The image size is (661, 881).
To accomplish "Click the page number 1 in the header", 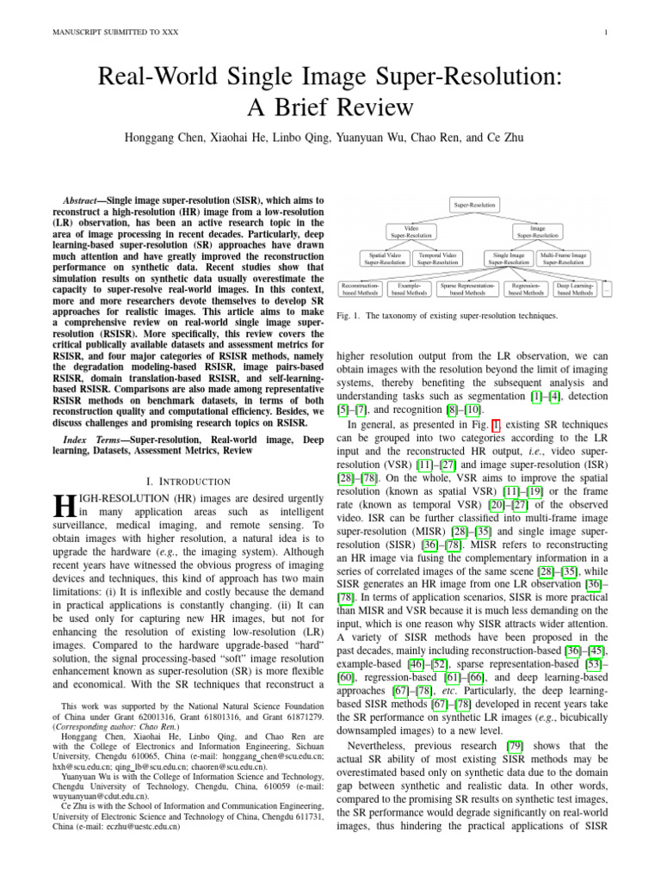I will (x=607, y=34).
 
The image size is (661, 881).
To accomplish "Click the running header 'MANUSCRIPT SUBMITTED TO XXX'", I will (x=103, y=34).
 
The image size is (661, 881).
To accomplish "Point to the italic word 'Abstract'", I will (x=86, y=199).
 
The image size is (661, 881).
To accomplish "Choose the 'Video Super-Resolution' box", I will (x=412, y=231).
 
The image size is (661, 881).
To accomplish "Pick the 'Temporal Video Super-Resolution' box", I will (x=438, y=258).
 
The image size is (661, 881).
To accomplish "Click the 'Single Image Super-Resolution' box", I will (x=510, y=258).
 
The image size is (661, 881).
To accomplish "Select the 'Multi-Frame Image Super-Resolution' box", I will (x=564, y=258).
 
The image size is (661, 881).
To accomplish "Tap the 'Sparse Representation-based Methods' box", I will (x=468, y=288).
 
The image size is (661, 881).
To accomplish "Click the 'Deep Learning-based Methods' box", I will (x=576, y=288).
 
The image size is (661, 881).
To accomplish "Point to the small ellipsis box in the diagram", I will (x=608, y=288).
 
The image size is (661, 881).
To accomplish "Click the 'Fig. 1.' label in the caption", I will (x=347, y=316).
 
